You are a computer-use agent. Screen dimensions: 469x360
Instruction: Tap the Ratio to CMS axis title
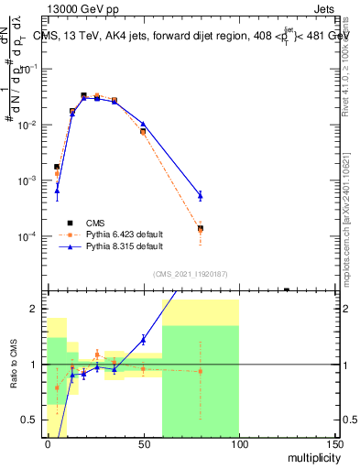(x=15, y=365)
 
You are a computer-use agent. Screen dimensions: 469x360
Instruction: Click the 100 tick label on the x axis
(x=238, y=446)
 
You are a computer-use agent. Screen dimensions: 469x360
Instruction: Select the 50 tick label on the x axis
(x=143, y=446)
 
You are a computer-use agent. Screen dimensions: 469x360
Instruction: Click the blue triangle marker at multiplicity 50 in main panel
(x=143, y=124)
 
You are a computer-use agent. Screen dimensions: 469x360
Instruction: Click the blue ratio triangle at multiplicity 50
(x=143, y=340)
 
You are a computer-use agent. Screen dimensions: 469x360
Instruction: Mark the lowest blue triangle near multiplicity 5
(x=57, y=191)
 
